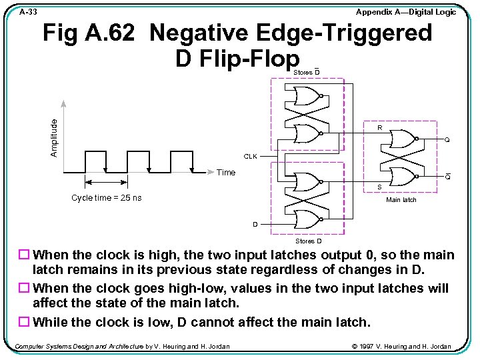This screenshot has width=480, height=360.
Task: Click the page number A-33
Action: (x=28, y=12)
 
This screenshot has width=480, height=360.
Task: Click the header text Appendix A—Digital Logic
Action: (x=405, y=12)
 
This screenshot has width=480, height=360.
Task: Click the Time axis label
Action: (x=226, y=173)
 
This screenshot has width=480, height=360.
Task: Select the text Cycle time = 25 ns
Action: (x=106, y=198)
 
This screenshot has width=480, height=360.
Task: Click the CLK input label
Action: (x=250, y=157)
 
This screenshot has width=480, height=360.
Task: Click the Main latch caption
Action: (x=401, y=200)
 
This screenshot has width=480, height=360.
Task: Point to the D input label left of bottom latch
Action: (x=255, y=224)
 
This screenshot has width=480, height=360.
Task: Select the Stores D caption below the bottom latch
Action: (x=308, y=241)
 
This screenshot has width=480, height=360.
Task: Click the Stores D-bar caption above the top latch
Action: (x=307, y=72)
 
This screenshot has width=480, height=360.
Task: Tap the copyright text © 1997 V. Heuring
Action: (x=401, y=346)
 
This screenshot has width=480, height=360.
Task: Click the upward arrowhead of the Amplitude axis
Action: (x=63, y=103)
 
